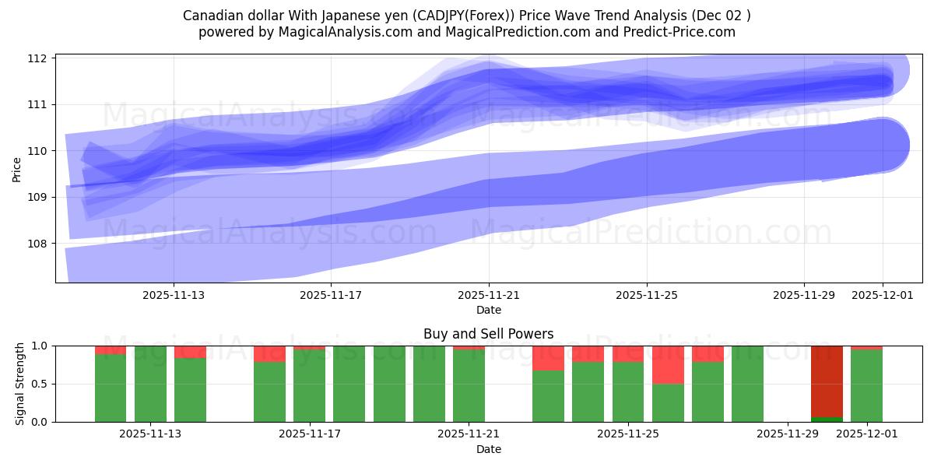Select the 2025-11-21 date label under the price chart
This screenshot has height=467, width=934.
coord(489,296)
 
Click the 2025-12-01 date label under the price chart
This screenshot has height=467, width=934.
coord(883,296)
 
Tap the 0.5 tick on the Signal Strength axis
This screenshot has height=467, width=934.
coord(40,384)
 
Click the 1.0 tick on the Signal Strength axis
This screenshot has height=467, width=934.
coord(40,346)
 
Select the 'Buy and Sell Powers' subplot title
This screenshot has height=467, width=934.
coord(488,334)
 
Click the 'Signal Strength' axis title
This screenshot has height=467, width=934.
coord(21,384)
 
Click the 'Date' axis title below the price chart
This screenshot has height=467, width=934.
coord(488,310)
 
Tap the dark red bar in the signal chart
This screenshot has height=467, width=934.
coord(827,381)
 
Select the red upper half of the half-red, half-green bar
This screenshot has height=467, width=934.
coord(668,364)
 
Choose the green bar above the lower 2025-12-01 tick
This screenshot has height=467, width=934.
coord(866,387)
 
